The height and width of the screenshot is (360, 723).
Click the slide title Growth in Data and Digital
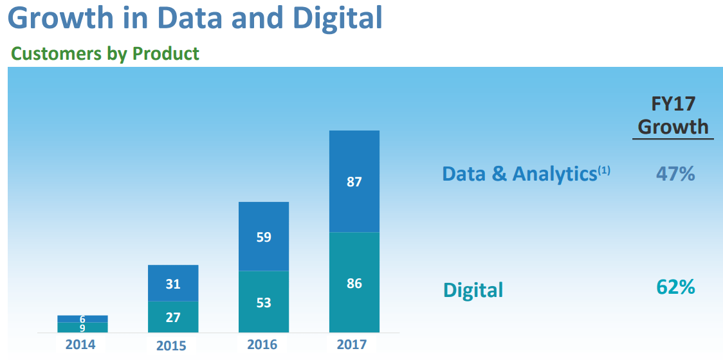(196, 18)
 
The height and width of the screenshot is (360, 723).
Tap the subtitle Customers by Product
(105, 53)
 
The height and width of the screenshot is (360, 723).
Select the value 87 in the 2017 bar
(354, 182)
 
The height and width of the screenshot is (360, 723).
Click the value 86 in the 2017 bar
(354, 283)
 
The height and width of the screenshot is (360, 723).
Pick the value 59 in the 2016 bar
(264, 237)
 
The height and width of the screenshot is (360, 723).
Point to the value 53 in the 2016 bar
(264, 302)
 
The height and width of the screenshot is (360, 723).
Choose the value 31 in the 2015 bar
(173, 283)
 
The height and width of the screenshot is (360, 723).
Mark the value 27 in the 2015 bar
(173, 317)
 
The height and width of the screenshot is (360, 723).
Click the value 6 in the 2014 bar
(82, 319)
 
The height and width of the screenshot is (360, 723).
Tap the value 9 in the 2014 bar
(82, 328)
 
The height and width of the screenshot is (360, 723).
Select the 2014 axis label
(80, 345)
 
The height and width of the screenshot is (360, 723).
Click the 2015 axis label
(171, 346)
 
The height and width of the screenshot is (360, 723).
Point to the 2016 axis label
(262, 345)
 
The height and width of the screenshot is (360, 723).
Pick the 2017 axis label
(352, 345)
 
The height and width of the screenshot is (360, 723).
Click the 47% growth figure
(675, 174)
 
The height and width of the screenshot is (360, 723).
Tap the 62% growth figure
(675, 287)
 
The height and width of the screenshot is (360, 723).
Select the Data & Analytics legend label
(519, 174)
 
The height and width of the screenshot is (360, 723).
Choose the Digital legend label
(473, 290)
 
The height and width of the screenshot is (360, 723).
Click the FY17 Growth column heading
(673, 115)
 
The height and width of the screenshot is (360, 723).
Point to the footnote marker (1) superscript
(604, 170)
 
